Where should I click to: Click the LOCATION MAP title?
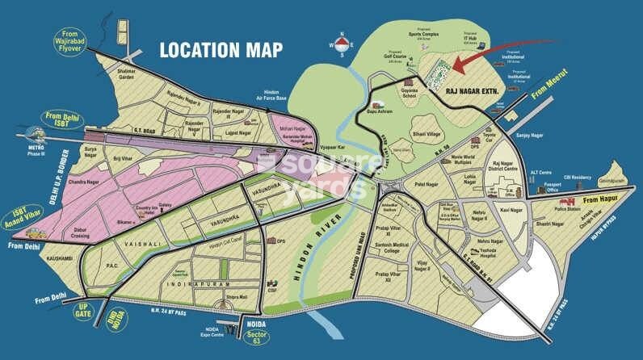(x=221, y=49)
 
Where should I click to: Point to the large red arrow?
(x=477, y=58)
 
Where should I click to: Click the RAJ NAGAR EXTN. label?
(x=473, y=93)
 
